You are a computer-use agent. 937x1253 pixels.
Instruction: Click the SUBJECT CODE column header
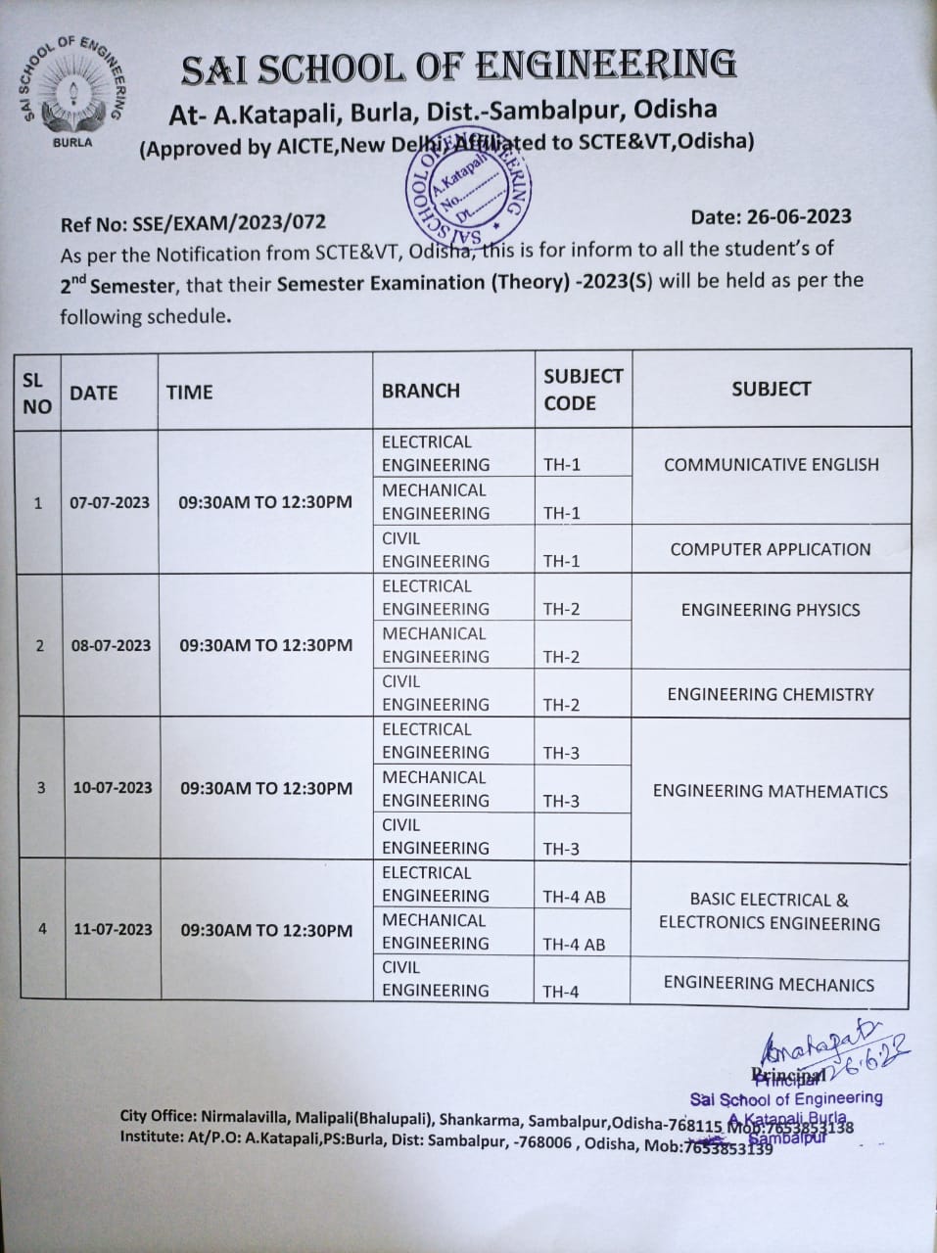[583, 389]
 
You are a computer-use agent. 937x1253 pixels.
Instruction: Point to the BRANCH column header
[421, 390]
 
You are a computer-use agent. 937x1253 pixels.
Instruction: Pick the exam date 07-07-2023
[110, 502]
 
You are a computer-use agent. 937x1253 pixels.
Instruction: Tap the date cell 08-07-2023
[111, 645]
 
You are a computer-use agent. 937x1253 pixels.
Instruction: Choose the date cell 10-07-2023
[112, 787]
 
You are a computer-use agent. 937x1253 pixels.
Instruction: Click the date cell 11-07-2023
[113, 929]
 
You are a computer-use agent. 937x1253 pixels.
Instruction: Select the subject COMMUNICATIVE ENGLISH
[772, 464]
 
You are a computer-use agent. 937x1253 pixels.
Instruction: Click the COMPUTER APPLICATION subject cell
[771, 549]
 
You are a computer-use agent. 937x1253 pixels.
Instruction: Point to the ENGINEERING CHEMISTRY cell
[771, 694]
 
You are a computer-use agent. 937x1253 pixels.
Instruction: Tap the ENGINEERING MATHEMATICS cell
[771, 790]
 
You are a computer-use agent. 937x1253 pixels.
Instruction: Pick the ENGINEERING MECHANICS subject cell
[769, 984]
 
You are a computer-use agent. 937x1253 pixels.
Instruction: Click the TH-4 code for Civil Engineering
[561, 992]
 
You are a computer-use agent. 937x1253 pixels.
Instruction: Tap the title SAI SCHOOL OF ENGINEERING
[459, 67]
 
